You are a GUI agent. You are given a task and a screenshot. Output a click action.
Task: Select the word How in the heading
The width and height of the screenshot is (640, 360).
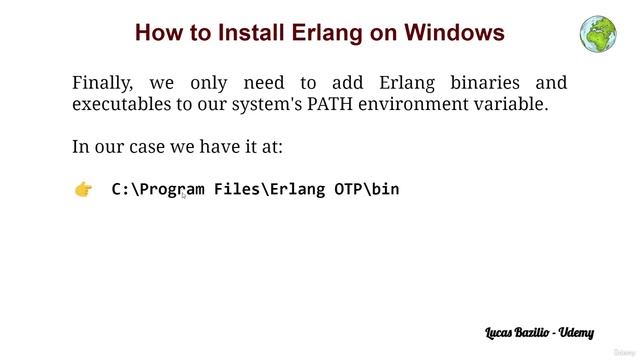157,33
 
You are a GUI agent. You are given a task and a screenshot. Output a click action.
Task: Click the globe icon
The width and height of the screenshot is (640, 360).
598,32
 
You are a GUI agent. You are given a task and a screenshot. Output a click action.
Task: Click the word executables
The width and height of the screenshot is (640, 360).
122,104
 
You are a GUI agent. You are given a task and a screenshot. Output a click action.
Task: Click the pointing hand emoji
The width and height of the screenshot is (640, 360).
84,189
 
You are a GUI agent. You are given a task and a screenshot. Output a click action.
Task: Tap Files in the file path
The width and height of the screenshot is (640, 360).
237,188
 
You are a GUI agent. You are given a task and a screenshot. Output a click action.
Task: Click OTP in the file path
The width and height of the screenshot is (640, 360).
350,188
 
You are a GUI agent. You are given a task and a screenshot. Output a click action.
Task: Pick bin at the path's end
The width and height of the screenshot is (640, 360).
386,188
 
